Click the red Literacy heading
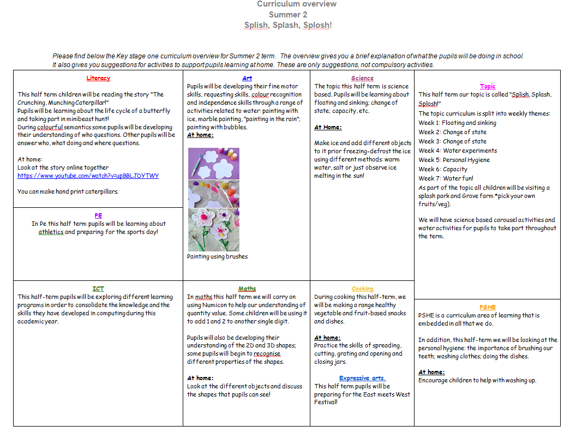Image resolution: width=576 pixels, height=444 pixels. (x=98, y=78)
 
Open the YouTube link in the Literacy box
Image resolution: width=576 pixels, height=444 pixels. (x=88, y=176)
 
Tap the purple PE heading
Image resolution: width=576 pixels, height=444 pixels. (x=98, y=215)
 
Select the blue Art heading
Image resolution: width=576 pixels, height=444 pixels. (x=247, y=78)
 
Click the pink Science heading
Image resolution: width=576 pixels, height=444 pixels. (x=362, y=78)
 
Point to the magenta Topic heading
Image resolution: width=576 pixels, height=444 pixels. (x=488, y=86)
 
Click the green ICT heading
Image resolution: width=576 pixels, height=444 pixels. (x=98, y=289)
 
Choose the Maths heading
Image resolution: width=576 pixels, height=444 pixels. (x=247, y=289)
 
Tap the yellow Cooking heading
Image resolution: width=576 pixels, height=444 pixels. (x=362, y=289)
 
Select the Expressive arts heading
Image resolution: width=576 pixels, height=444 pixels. (x=362, y=378)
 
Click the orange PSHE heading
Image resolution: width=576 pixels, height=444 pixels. (x=488, y=307)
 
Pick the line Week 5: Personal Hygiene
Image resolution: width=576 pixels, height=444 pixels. (x=454, y=160)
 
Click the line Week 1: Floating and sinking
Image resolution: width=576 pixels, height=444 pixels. (x=457, y=123)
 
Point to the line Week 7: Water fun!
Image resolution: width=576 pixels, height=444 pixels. (x=446, y=178)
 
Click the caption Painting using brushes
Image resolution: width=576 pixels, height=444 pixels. (x=217, y=256)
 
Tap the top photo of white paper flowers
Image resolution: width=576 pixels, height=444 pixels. (x=214, y=164)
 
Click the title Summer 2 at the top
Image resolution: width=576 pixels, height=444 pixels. (x=288, y=15)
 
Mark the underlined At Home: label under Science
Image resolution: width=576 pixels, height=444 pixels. (x=328, y=127)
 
